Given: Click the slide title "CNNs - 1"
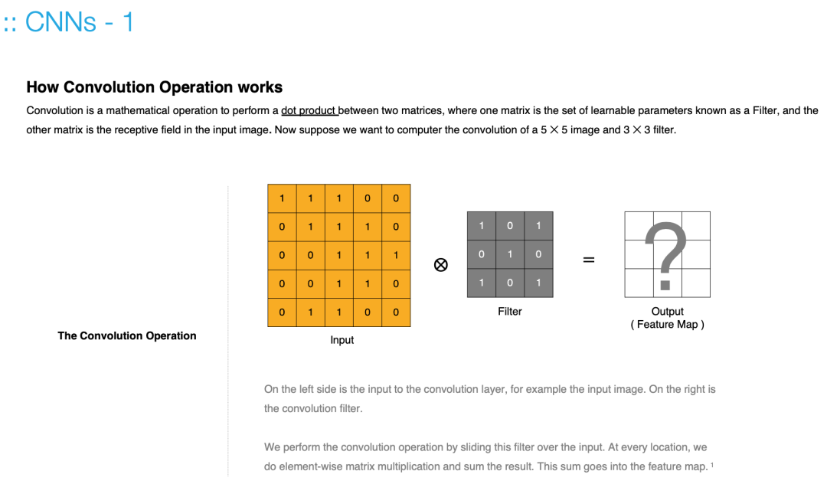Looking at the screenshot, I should (80, 22).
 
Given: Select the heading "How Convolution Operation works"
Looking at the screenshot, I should (154, 87).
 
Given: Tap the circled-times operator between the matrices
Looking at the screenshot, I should (440, 264).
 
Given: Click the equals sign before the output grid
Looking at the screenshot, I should (588, 260).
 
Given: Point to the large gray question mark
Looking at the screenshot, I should (666, 254).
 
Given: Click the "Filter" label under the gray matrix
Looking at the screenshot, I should (509, 312).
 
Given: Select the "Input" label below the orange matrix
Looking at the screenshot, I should (342, 340).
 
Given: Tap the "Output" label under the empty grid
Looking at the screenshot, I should (667, 312).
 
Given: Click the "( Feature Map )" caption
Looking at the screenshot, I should (667, 325).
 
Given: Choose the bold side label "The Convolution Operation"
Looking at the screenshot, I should (126, 335).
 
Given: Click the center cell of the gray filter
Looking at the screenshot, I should (509, 254).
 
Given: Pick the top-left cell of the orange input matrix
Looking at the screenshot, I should (282, 198).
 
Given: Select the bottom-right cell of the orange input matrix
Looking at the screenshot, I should (396, 312).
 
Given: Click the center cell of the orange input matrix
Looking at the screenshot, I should (338, 255).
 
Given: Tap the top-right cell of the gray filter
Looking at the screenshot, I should (538, 226).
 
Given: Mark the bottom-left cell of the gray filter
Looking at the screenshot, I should (481, 283).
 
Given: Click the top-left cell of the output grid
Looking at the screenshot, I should (639, 226).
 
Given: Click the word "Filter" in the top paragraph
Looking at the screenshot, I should (764, 110).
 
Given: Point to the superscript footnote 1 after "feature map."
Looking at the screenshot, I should (712, 464).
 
